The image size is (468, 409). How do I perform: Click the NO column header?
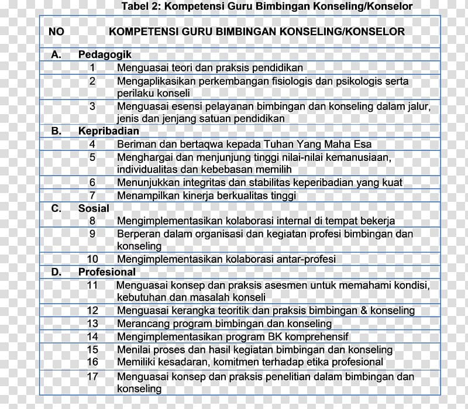pyautogui.click(x=56, y=31)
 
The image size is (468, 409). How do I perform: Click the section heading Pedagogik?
pyautogui.click(x=105, y=54)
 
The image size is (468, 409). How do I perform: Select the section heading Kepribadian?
pyautogui.click(x=109, y=131)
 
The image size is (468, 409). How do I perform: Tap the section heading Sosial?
pyautogui.click(x=94, y=208)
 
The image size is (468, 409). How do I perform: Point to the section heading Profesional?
pyautogui.click(x=107, y=272)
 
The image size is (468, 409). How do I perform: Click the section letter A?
pyautogui.click(x=56, y=54)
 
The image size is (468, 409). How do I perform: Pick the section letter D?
pyautogui.click(x=56, y=272)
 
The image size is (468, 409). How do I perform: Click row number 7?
pyautogui.click(x=92, y=195)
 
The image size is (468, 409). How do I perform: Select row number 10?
pyautogui.click(x=92, y=259)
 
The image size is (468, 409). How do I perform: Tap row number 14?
pyautogui.click(x=92, y=336)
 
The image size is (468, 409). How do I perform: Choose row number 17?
pyautogui.click(x=92, y=376)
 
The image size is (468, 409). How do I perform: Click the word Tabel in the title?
pyautogui.click(x=136, y=7)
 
